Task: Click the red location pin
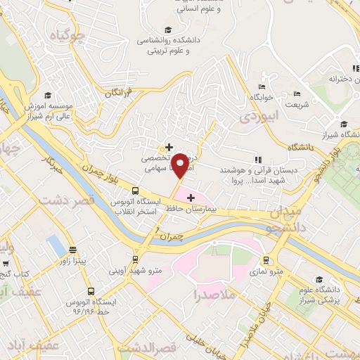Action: pos(180,165)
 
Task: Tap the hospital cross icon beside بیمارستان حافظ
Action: pos(191,198)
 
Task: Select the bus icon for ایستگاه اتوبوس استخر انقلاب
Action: pos(135,190)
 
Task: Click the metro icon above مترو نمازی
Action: pos(266,260)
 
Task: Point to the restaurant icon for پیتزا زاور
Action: pos(72,250)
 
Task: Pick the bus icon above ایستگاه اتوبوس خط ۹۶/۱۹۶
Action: pos(90,290)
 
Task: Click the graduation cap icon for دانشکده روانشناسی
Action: pos(168,30)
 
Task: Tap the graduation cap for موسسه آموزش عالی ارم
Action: pos(47,96)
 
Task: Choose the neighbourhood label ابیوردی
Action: pos(254,115)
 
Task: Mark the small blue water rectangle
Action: pos(54,245)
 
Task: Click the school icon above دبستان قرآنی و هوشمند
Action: pos(257,160)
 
